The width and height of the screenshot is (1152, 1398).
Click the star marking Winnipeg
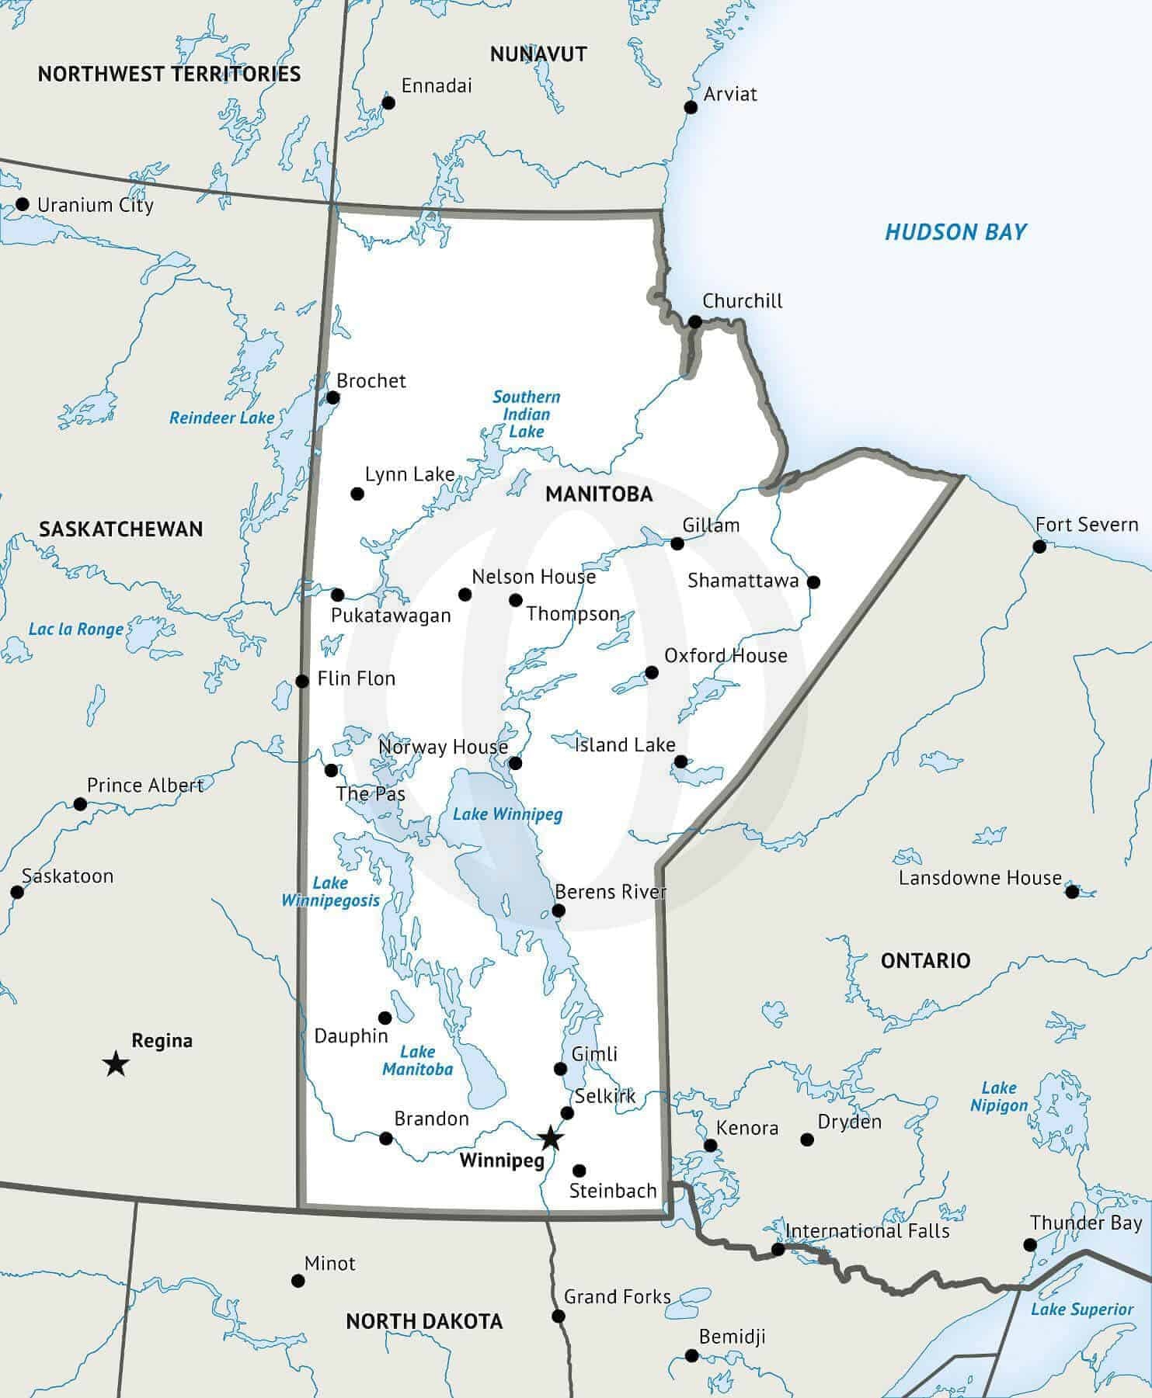coord(550,1138)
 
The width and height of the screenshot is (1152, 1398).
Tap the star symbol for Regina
coord(116,1063)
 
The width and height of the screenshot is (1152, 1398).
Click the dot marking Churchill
coord(695,322)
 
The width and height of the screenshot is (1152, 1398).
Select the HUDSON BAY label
coord(955,232)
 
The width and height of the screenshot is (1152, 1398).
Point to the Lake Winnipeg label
coord(507,814)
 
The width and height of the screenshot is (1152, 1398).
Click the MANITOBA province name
coord(599,494)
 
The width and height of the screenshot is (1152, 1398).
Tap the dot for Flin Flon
coord(302,682)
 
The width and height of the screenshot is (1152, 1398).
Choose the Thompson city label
coord(573,614)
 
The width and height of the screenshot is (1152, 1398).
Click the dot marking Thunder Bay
coord(1029,1245)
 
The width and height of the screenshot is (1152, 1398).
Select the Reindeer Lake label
coord(222,418)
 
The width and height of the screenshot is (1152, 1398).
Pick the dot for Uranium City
coord(23,205)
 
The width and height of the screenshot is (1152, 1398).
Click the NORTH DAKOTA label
coord(424,1321)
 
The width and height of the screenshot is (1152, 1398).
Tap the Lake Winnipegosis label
coord(330,892)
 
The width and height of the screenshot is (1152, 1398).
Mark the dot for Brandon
coord(385,1138)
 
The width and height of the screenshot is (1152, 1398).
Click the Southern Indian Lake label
coord(526,414)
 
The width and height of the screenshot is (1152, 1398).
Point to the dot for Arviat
coord(690,107)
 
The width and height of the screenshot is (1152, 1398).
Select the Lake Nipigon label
coord(999,1097)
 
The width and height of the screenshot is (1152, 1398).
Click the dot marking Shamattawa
coord(813,581)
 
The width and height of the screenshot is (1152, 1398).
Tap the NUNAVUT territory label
coord(538,54)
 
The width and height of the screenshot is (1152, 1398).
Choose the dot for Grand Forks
coord(558,1316)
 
